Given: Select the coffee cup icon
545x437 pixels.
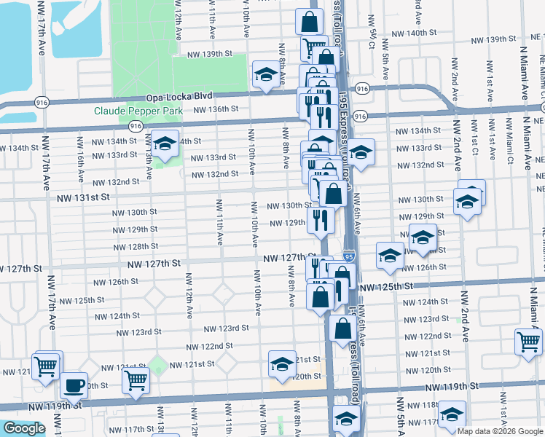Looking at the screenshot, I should click(x=73, y=386).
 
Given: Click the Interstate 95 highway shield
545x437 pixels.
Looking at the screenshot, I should click(x=350, y=256).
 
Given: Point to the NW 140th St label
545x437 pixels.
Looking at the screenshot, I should click(x=411, y=33).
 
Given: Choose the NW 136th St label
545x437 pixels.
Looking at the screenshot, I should click(x=216, y=109).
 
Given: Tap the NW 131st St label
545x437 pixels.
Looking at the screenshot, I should click(x=84, y=197).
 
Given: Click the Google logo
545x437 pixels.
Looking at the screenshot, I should click(x=23, y=428).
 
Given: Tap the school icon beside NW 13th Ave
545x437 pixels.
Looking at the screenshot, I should click(x=164, y=143).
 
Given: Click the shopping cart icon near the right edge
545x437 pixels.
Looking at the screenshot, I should click(x=528, y=342).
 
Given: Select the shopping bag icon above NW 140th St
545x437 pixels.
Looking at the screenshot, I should click(x=310, y=22).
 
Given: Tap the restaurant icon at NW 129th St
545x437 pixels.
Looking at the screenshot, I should click(x=320, y=220).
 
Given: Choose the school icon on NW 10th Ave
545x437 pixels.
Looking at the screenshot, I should click(x=264, y=74).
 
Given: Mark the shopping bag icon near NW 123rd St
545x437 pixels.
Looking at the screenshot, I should click(x=342, y=328).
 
